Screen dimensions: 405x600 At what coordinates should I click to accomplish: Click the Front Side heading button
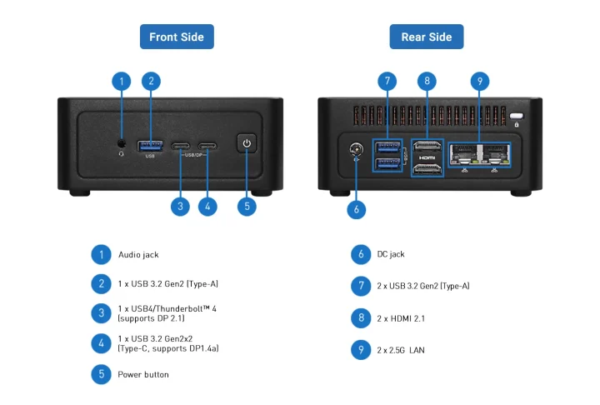click(x=176, y=37)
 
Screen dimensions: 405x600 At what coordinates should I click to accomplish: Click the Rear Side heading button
click(x=426, y=37)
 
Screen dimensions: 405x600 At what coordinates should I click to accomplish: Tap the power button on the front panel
click(x=246, y=143)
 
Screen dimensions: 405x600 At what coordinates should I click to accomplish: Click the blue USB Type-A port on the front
click(x=151, y=147)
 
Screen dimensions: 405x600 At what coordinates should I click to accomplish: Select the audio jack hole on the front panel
click(x=122, y=143)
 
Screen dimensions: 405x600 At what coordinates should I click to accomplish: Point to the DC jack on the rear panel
click(x=357, y=151)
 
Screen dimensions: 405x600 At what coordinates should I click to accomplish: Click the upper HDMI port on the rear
click(x=427, y=146)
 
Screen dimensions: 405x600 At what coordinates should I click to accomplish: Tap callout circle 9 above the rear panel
click(x=478, y=81)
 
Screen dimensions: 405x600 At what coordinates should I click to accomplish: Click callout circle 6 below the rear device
click(x=356, y=210)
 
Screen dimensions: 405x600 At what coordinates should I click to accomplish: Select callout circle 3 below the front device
click(x=180, y=205)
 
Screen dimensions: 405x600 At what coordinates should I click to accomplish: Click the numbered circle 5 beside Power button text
click(x=101, y=374)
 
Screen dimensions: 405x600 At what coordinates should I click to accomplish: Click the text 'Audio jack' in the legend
click(x=138, y=254)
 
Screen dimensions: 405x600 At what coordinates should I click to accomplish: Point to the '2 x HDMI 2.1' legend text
click(x=402, y=317)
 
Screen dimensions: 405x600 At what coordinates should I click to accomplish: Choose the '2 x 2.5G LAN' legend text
click(x=401, y=350)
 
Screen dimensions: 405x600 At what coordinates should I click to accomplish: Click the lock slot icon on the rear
click(x=517, y=117)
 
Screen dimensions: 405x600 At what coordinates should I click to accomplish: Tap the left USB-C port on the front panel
click(x=181, y=147)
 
